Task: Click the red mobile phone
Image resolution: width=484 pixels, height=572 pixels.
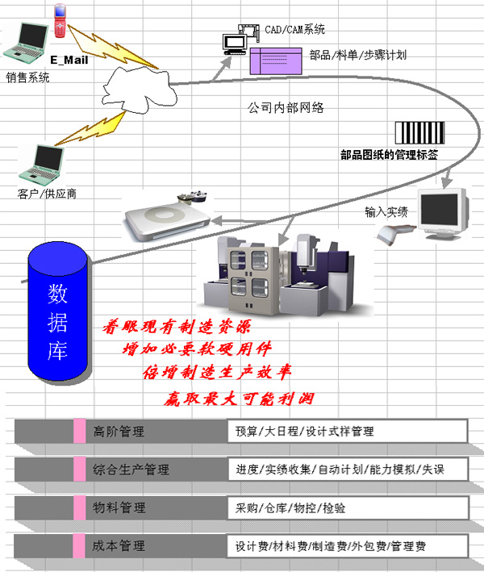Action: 60,20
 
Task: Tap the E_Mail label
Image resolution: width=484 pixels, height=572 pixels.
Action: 69,60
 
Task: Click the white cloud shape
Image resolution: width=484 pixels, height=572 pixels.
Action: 139,90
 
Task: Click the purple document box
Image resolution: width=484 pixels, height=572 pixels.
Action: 276,61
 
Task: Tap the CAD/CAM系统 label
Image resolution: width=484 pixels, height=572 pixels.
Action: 294,29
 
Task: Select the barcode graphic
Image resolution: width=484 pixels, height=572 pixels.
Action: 419,133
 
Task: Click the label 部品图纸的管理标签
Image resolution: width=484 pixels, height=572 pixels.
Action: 389,155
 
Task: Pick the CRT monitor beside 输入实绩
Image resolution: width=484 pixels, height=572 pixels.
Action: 443,214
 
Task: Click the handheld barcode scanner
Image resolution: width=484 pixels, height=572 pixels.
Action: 394,234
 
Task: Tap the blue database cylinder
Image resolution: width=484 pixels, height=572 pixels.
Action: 57,311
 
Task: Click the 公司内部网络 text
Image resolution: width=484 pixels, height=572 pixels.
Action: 286,107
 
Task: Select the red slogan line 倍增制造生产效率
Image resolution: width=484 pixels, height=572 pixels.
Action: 217,373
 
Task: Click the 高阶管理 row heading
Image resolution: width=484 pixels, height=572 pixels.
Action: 119,432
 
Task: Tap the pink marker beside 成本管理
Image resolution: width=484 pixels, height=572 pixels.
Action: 79,545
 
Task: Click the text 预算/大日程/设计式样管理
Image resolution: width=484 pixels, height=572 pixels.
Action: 305,432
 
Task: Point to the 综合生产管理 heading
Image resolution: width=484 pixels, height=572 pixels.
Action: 131,470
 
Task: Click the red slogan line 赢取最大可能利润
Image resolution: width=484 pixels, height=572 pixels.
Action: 239,399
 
